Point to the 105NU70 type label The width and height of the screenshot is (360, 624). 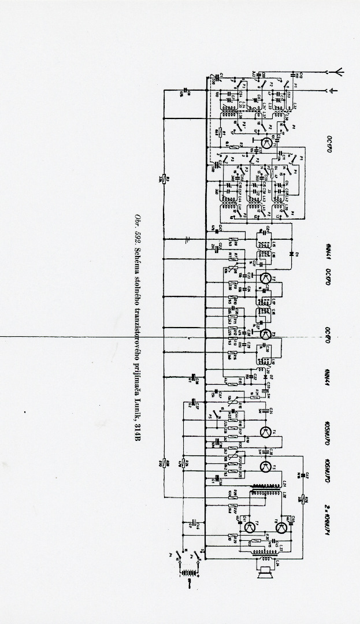pyautogui.click(x=326, y=428)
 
